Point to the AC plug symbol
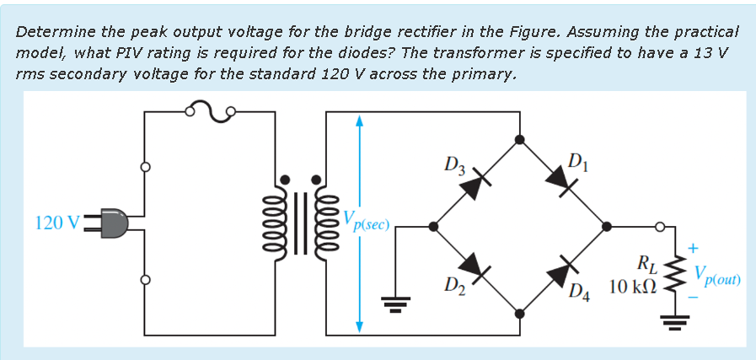pyautogui.click(x=113, y=223)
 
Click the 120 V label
pyautogui.click(x=58, y=223)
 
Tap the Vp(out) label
pyautogui.click(x=717, y=276)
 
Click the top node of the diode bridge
pyautogui.click(x=519, y=140)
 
